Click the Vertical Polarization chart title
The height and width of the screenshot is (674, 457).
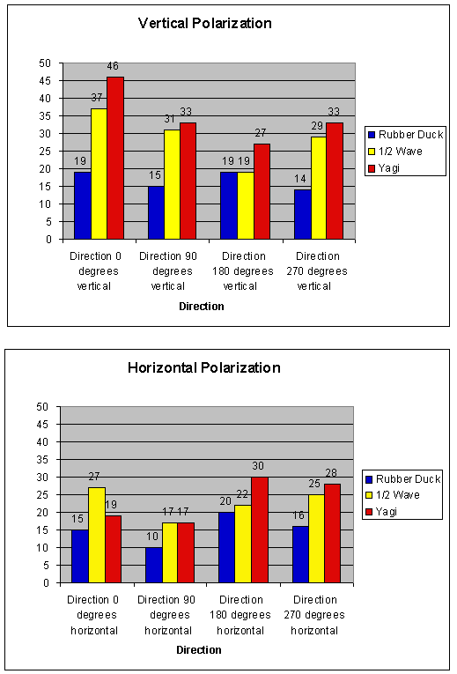205,23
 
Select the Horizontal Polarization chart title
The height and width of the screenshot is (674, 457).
204,368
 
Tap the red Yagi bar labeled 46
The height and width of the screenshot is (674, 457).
115,158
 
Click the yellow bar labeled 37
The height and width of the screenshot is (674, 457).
99,174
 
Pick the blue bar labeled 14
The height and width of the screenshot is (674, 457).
302,214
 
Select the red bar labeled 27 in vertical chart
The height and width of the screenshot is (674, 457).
262,191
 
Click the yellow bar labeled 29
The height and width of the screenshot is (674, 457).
319,188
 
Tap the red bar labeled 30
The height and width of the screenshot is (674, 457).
260,530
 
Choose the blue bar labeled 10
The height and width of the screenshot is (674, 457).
154,566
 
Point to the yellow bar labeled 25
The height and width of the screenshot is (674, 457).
316,538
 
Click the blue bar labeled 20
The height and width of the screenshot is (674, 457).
227,548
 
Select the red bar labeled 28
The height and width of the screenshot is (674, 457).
333,533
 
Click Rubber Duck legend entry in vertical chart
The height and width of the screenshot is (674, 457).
405,135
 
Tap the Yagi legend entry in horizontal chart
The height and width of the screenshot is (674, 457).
381,512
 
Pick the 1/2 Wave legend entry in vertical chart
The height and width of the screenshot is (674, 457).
395,152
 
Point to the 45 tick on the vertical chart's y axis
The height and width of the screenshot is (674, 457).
45,81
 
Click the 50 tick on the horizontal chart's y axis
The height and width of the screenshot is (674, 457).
42,407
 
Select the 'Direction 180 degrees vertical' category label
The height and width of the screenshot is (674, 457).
243,271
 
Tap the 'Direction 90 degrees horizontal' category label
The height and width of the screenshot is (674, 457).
166,615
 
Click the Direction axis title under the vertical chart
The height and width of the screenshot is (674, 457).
202,307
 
